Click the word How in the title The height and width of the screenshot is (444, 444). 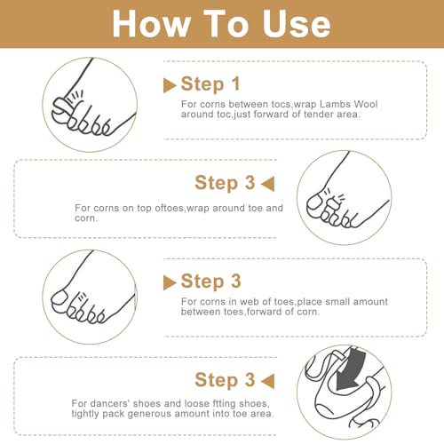point(152,24)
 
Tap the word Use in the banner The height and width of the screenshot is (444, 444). point(297,24)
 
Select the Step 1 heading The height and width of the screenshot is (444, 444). point(210,84)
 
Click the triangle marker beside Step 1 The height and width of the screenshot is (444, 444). point(170,85)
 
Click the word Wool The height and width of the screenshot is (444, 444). point(366,104)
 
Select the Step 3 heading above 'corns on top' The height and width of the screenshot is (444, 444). point(225,183)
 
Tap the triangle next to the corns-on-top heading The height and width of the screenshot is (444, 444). point(268,184)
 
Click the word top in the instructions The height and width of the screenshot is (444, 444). point(145,209)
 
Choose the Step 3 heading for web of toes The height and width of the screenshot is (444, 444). point(211,281)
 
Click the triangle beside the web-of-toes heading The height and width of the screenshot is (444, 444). point(170,282)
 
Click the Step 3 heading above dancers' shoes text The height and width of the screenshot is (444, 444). point(225,380)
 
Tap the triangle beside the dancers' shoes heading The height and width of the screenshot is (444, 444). point(268,381)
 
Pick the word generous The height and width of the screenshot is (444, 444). point(149,414)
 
